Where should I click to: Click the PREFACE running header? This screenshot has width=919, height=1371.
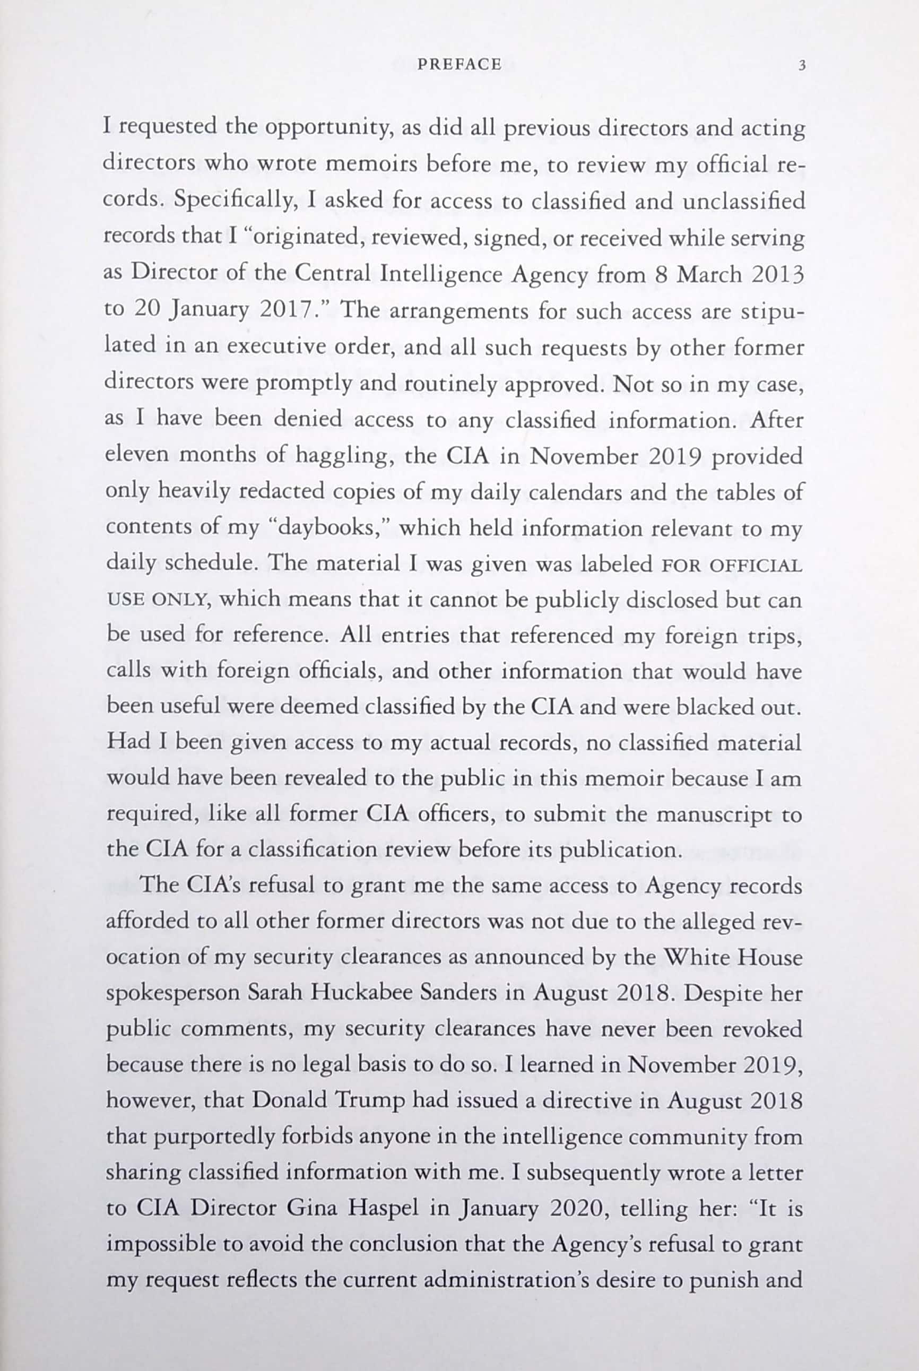459,64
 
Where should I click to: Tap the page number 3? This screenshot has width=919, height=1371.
802,66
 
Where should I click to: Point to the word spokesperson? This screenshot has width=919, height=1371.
172,994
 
